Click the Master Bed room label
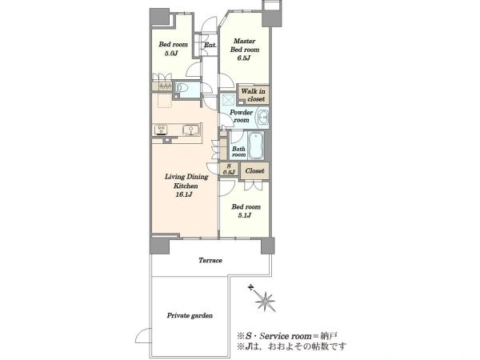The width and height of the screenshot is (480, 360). [x=245, y=46]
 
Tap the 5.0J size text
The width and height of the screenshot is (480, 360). [x=171, y=54]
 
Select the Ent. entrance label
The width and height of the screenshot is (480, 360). [x=210, y=45]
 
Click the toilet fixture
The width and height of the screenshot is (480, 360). [x=182, y=88]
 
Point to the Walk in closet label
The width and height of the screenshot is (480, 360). [x=253, y=95]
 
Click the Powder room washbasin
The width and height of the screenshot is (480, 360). [x=262, y=118]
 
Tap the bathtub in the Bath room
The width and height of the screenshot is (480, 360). [x=256, y=146]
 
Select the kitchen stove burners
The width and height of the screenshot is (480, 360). [x=161, y=130]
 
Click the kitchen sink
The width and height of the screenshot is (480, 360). [x=190, y=130]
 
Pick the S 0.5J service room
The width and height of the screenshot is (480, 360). [x=229, y=170]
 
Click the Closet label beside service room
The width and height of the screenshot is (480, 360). [x=254, y=171]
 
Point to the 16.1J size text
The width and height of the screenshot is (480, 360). [x=184, y=194]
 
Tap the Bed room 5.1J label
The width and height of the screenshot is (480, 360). [x=246, y=211]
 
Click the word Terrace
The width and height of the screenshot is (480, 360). [x=210, y=261]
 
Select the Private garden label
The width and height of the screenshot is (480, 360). [x=190, y=316]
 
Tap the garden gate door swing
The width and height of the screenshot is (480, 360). [x=143, y=336]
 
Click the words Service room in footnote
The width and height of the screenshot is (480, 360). [x=285, y=336]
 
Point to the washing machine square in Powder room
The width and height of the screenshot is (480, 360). [x=228, y=100]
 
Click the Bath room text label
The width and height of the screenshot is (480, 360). [x=238, y=151]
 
